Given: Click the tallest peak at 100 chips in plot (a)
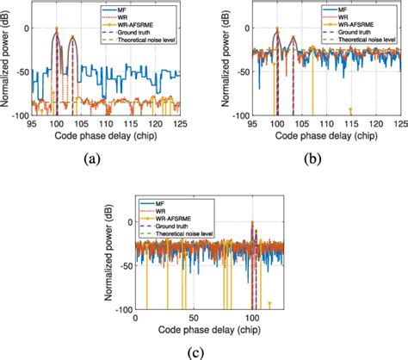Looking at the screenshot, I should (x=57, y=29).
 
